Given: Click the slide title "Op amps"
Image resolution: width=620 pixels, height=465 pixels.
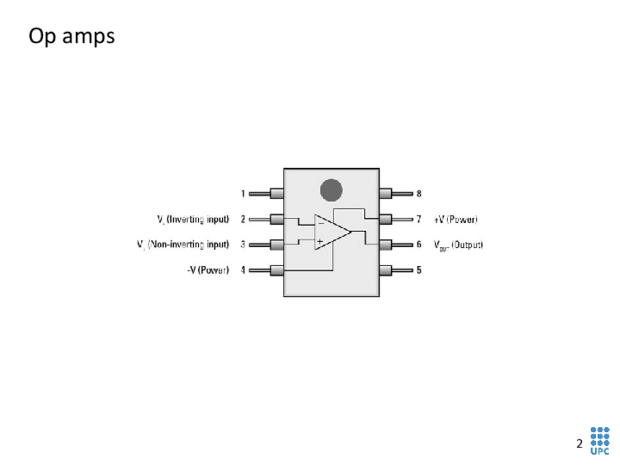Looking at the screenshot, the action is point(72,36).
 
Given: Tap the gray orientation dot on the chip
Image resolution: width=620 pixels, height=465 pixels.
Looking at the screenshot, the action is point(331,189).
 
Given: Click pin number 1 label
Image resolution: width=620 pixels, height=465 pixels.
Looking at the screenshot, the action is point(243,194).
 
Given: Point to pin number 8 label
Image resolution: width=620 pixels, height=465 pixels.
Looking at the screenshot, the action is point(419,194).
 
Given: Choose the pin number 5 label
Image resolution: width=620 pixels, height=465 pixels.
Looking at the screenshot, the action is point(419,270).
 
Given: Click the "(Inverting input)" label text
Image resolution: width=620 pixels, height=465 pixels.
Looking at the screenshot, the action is point(197,219).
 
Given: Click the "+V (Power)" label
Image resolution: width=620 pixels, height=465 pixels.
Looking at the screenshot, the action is point(455,219).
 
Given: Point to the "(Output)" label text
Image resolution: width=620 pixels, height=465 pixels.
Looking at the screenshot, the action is point(466,244).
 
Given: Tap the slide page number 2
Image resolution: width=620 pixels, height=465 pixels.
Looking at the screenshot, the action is point(579,444).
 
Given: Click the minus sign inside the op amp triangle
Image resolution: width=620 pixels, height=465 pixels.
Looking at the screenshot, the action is point(320,223).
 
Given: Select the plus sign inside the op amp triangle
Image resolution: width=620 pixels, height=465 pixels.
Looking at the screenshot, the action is point(320,241).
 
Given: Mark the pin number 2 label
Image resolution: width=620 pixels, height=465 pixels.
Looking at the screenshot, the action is point(243,219).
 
